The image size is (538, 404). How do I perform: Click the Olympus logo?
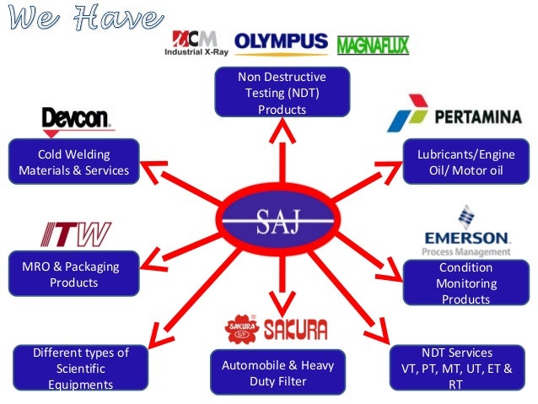coord(281,44)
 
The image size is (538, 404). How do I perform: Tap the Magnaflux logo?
coord(373,46)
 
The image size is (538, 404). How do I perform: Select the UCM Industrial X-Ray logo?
coord(196,43)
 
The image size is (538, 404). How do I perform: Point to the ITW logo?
coord(76,234)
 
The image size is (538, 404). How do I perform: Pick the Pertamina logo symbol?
coord(407,113)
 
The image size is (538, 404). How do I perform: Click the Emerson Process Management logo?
coord(466,231)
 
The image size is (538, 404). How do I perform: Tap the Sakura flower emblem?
coord(242,328)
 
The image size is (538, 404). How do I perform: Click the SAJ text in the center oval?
coord(278,222)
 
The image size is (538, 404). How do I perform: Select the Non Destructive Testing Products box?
coord(282,92)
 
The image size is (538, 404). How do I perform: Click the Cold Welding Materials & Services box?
coord(73,161)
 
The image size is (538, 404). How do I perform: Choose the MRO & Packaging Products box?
coord(73,273)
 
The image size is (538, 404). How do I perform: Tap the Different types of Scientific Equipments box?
coord(81,368)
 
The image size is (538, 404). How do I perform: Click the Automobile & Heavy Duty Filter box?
coord(278,373)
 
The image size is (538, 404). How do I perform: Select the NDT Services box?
coord(457,368)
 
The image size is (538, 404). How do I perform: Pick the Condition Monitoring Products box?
coord(466,283)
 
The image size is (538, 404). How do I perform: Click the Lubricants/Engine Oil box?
coord(466,161)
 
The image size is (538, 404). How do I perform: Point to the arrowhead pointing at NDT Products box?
coord(282,131)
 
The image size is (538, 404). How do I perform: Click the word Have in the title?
coord(119,18)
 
